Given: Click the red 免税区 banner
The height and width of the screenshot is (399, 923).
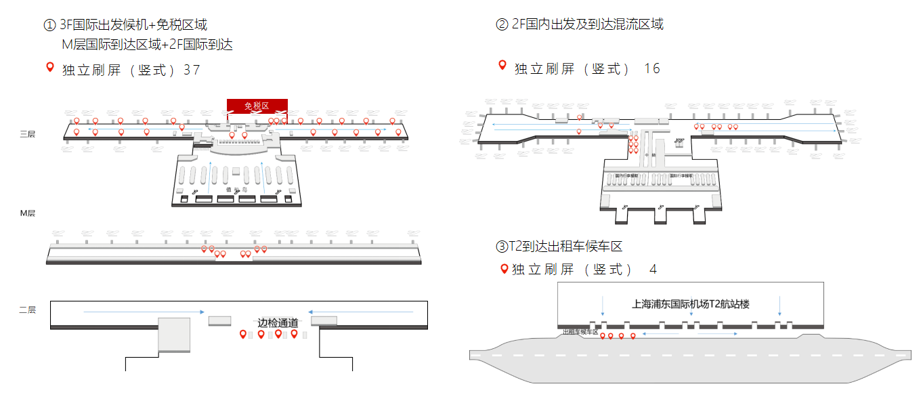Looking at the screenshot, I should point(257,106).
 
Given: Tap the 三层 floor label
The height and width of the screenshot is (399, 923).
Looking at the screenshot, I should point(27,134).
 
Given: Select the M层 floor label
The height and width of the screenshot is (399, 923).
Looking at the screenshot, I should point(27,213).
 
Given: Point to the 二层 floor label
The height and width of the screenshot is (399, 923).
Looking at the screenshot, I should point(27,310).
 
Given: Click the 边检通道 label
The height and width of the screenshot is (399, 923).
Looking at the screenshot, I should point(278,322).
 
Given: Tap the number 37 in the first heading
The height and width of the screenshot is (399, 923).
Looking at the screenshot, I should point(192,70).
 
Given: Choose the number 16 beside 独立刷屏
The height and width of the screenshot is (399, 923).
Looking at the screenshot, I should point(652,68).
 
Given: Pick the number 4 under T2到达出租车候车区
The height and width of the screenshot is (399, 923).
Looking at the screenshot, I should point(653,270).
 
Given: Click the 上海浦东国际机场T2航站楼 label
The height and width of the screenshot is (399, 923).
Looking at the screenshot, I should point(691,304).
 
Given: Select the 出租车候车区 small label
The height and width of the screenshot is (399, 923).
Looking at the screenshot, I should point(581,332).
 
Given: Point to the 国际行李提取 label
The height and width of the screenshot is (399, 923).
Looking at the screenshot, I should point(682,176).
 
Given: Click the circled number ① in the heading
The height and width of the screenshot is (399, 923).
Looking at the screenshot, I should point(49,26).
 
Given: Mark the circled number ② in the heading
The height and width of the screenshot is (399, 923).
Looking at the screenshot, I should point(502,25).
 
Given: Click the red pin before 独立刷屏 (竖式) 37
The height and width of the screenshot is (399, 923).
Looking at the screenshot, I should point(49,67).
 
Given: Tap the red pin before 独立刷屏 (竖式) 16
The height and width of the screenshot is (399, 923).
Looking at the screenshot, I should point(502,65).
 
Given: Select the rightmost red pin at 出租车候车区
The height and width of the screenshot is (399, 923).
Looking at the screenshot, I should point(633,335).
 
